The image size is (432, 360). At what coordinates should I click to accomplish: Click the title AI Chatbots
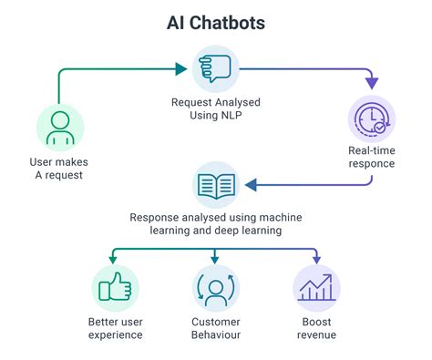(x=216, y=22)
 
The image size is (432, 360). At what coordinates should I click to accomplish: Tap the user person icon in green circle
(x=57, y=127)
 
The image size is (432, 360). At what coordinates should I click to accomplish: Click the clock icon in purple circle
(x=372, y=118)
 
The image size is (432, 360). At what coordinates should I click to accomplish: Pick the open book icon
(x=215, y=184)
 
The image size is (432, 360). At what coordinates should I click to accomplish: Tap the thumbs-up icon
(x=114, y=288)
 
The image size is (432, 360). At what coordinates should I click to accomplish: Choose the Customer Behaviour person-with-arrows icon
(x=216, y=288)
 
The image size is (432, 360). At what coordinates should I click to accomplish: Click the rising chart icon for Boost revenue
(x=316, y=288)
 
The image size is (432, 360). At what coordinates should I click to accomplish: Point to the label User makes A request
(x=57, y=170)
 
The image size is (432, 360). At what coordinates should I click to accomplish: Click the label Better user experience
(x=114, y=328)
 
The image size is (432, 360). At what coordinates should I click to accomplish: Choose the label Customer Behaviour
(x=216, y=328)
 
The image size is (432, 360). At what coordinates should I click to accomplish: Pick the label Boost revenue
(x=316, y=328)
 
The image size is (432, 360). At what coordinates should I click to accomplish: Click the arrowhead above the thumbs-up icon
(x=114, y=259)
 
